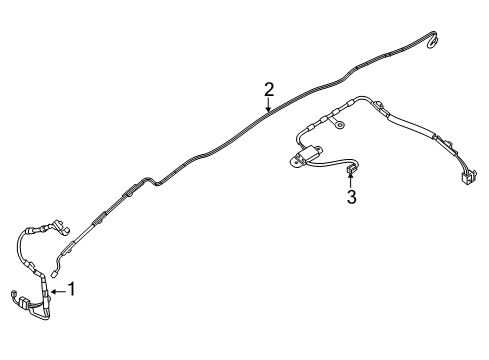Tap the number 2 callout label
click(268, 90)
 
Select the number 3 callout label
click(350, 197)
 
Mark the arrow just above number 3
click(350, 182)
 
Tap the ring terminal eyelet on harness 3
click(341, 125)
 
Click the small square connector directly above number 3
click(350, 172)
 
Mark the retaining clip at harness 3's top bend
click(381, 104)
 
